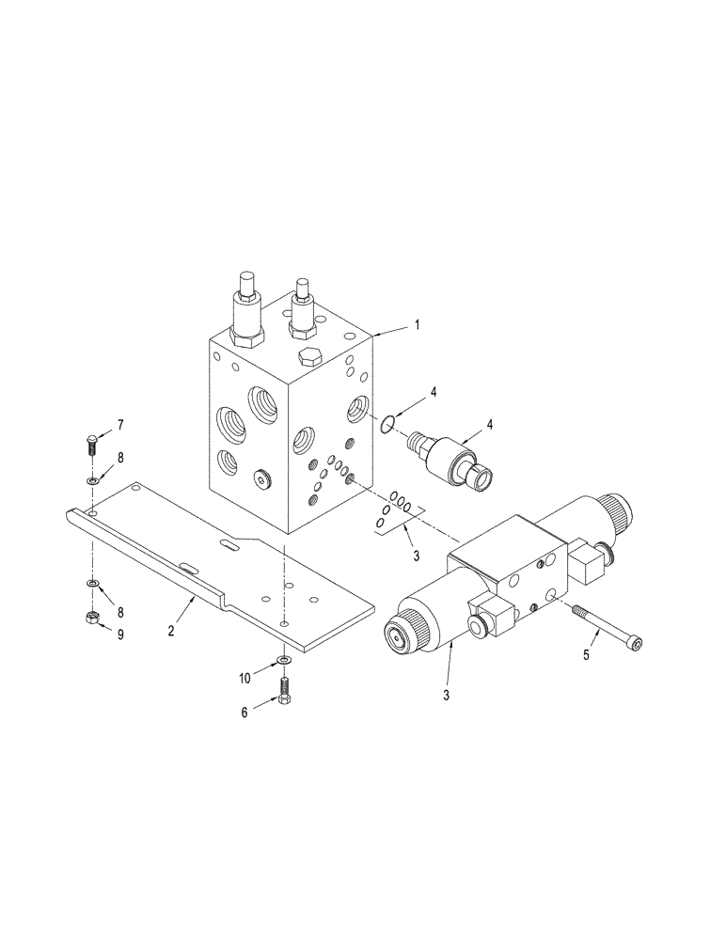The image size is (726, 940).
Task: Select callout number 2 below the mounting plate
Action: pyautogui.click(x=170, y=632)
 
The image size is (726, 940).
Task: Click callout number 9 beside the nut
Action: pyautogui.click(x=119, y=634)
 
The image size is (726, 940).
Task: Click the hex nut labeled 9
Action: pyautogui.click(x=94, y=617)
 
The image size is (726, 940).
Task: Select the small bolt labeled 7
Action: pyautogui.click(x=92, y=440)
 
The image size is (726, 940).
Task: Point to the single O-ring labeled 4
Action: pyautogui.click(x=387, y=426)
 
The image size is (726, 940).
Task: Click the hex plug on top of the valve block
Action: pyautogui.click(x=311, y=358)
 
